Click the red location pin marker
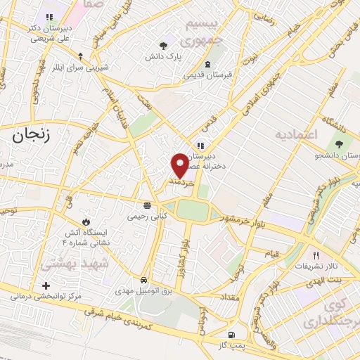coord(181,165)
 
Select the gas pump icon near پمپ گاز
coord(231,335)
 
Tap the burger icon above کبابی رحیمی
coord(146,206)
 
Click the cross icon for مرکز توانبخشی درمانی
coord(46,286)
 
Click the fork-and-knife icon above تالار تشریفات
coord(315,255)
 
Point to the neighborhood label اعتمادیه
coord(297,134)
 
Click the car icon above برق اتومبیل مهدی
coord(143,278)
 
